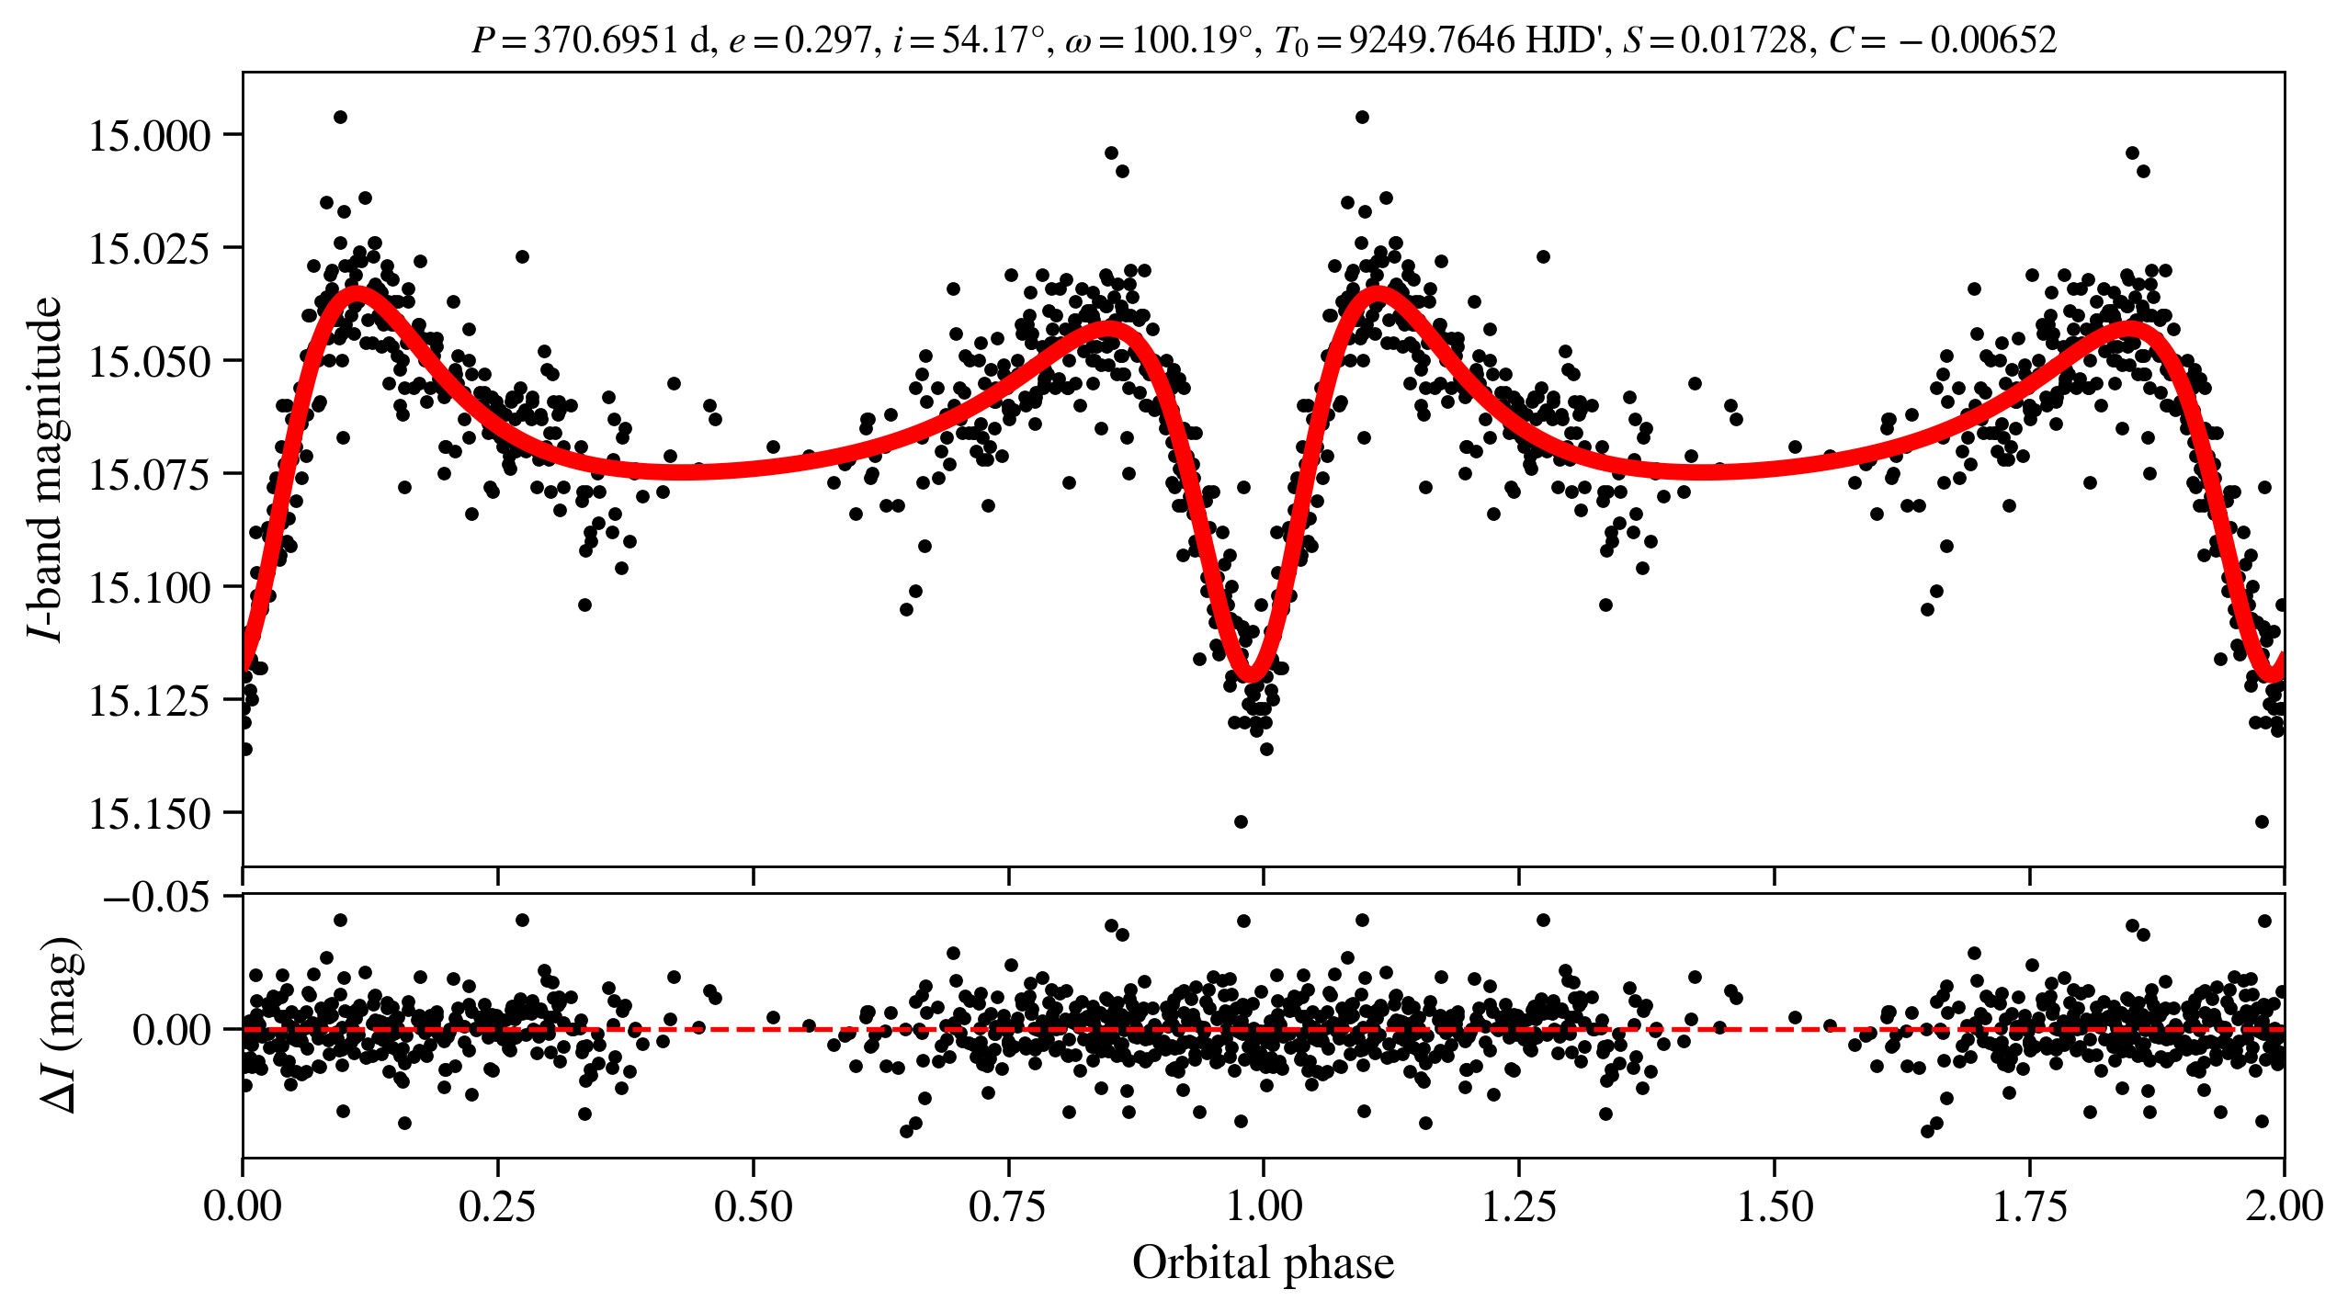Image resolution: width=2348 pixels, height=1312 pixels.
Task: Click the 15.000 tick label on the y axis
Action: (149, 136)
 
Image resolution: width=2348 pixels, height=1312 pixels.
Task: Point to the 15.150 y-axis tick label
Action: (149, 814)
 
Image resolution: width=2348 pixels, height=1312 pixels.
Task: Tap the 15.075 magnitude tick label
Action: (149, 475)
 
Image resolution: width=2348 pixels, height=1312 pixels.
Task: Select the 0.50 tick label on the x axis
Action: (753, 1205)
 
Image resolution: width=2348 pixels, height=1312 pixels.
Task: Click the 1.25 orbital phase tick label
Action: (1518, 1205)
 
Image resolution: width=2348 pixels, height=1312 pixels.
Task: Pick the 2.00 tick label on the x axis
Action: (2283, 1205)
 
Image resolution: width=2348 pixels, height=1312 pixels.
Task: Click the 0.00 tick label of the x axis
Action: (243, 1205)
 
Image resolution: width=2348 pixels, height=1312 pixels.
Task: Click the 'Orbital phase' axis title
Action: (1263, 1263)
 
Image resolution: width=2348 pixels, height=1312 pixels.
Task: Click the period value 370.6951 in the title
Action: (605, 40)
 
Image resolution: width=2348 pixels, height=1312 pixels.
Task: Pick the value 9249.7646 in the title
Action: (1432, 40)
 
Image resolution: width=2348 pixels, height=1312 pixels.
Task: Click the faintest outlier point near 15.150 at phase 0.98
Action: (1241, 821)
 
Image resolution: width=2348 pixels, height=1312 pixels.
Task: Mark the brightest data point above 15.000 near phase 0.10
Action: (340, 117)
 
